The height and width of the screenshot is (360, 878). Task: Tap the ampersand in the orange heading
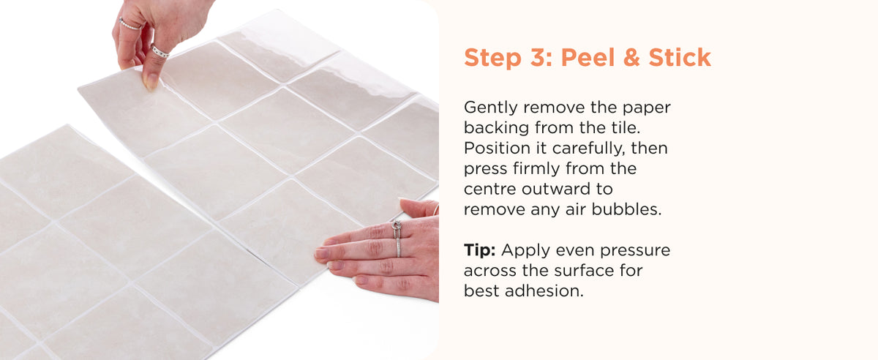(x=631, y=58)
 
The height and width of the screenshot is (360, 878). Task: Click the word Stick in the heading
(x=680, y=58)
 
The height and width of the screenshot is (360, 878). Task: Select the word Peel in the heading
(x=588, y=58)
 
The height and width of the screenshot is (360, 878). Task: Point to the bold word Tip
(x=480, y=250)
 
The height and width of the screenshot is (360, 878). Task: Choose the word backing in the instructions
(x=496, y=128)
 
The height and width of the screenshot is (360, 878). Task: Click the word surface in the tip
(x=578, y=271)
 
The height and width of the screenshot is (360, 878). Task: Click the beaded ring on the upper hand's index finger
(x=130, y=25)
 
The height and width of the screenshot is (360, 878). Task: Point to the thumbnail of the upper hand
(x=151, y=81)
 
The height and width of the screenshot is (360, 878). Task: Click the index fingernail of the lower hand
(x=321, y=253)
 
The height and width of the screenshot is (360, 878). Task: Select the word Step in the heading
(x=492, y=58)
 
